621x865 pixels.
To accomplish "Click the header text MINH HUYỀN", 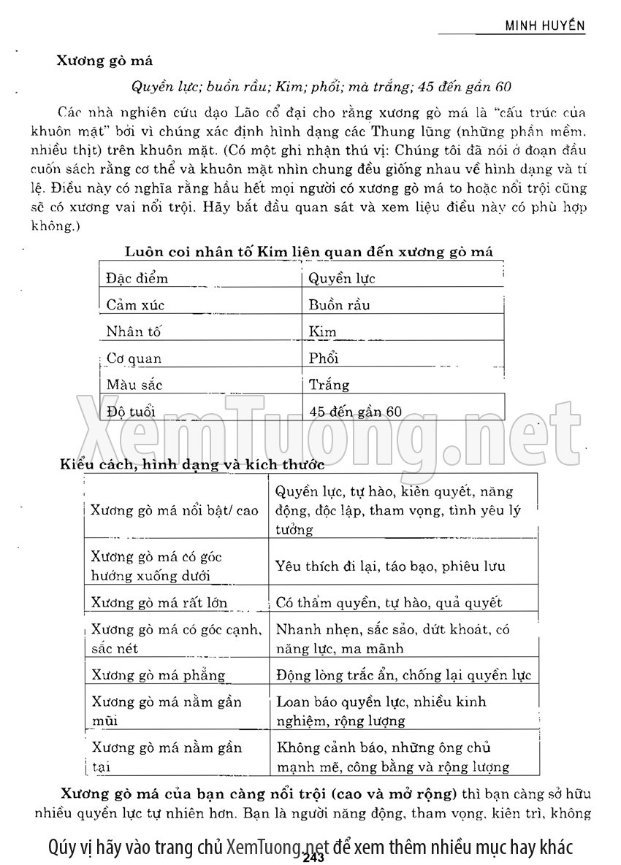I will pos(546,25).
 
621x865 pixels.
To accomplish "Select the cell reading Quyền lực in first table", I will pos(342,278).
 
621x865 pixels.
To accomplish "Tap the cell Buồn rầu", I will pos(339,305).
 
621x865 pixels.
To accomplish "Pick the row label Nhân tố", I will pos(133,331).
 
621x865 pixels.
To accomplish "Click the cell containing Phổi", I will pos(324,358).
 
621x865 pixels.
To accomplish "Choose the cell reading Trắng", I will pos(329,385).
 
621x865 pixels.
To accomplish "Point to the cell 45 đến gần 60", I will pos(355,412).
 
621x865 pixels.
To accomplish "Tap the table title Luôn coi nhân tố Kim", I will pos(309,252).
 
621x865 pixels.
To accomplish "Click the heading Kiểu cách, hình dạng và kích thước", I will pos(191,463).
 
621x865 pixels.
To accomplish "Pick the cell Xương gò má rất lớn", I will pos(159,603).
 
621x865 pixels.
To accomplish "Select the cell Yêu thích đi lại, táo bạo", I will pos(400,566).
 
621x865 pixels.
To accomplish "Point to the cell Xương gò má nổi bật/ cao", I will pos(175,510).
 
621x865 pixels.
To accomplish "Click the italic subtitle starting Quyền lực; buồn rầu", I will pos(320,87).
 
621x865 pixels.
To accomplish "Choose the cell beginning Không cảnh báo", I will pos(393,757).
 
